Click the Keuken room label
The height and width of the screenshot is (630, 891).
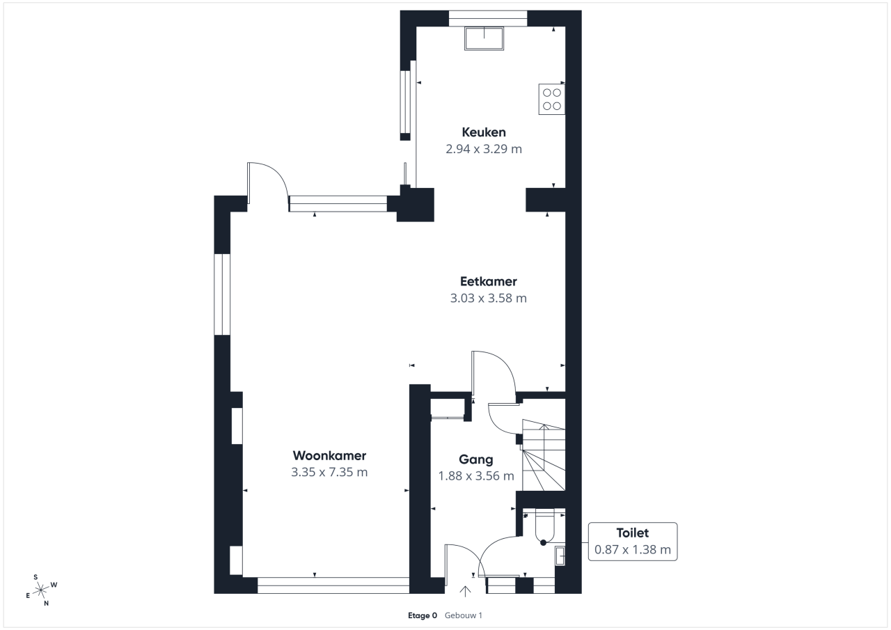484,132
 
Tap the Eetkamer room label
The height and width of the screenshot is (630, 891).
489,281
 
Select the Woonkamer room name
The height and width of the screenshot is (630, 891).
329,455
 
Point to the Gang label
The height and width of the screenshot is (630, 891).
475,459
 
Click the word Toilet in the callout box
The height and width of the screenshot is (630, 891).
633,533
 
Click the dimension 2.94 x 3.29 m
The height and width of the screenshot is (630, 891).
484,149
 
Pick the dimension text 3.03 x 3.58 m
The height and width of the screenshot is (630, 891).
489,298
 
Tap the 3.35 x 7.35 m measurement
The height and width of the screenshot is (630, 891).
329,472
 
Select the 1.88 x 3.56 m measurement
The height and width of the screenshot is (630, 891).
476,475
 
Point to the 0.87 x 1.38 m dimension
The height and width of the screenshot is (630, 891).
633,549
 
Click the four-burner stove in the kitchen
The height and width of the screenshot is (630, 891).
552,100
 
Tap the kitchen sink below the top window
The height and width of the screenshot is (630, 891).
484,38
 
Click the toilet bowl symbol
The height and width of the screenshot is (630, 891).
544,526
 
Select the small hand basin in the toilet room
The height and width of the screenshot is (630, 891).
560,556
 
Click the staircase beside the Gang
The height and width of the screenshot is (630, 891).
544,455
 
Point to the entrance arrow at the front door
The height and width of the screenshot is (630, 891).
465,591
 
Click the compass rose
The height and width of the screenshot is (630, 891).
40,590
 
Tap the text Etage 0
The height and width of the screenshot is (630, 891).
423,615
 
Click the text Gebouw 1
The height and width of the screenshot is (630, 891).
464,615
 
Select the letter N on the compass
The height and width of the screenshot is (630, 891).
46,604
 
